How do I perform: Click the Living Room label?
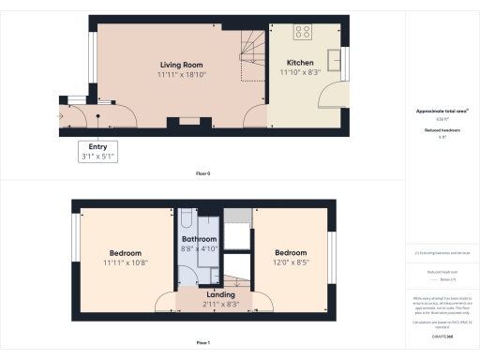[x=181, y=64]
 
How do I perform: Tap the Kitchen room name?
[x=300, y=64]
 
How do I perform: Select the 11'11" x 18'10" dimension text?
[x=181, y=74]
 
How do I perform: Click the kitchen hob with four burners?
[x=304, y=32]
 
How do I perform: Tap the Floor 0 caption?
[x=202, y=174]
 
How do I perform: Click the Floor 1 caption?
[x=202, y=342]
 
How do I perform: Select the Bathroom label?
[x=199, y=240]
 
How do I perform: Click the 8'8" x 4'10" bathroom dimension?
[x=199, y=250]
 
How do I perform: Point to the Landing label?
[x=220, y=294]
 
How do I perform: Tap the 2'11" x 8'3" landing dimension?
[x=220, y=304]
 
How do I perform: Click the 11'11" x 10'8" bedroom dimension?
[x=125, y=263]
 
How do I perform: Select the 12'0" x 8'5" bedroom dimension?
[x=291, y=263]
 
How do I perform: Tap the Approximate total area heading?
[x=442, y=112]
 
